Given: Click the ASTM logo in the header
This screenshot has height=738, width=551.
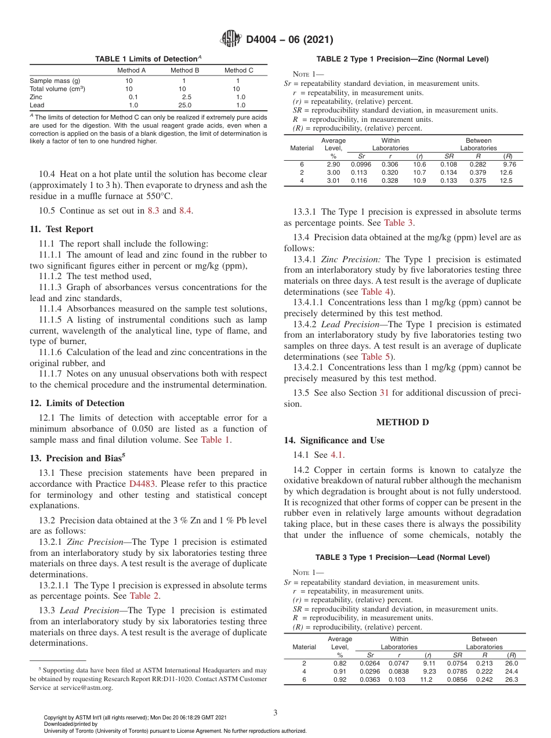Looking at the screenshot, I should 231,39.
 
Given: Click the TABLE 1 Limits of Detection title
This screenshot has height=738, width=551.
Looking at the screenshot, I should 148,59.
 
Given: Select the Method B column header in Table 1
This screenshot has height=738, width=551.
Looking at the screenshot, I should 184,70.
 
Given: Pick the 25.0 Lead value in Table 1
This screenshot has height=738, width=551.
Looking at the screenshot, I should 186,106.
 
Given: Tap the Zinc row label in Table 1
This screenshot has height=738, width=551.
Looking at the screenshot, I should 37,97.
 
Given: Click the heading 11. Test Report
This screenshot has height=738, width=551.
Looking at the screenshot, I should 61,229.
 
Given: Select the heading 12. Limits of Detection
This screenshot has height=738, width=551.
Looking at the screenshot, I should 77,403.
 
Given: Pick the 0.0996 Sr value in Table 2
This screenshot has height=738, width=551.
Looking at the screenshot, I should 361,164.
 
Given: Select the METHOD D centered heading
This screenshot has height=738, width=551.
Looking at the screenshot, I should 402,422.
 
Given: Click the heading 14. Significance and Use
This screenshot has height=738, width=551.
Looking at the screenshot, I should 334,440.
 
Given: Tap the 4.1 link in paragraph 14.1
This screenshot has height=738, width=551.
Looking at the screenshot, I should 337,455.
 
